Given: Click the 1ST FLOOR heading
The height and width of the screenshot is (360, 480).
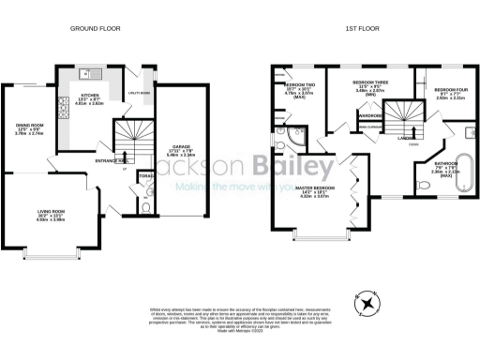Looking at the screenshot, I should point(361,28).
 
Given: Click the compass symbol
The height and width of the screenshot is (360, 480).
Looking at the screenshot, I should point(367,302).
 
